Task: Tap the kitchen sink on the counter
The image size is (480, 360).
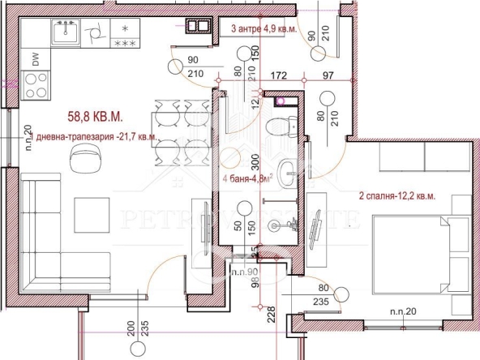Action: (63, 33)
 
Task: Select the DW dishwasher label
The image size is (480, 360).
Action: (35, 58)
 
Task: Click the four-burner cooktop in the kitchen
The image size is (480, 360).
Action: (36, 84)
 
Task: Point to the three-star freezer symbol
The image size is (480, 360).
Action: (125, 44)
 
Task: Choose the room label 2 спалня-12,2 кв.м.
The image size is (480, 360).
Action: (402, 197)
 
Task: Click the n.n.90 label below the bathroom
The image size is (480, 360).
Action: (245, 272)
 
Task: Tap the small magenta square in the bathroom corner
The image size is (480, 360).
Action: (280, 102)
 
